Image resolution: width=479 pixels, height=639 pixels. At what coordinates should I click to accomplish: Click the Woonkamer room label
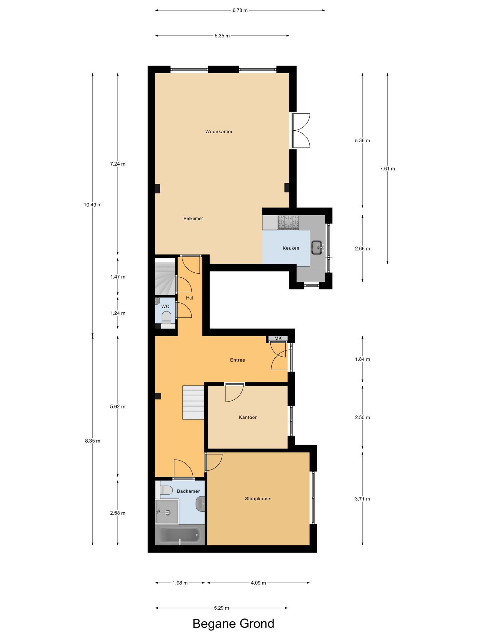[219, 132]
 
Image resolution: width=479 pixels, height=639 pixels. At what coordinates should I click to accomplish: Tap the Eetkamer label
[193, 219]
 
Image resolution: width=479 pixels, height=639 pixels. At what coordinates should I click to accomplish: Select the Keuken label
[291, 248]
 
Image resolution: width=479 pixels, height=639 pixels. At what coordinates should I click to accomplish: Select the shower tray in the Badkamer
[167, 512]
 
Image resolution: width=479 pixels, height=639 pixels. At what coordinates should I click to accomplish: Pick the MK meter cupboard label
[278, 338]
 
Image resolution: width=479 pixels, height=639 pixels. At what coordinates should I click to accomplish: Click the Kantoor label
[248, 417]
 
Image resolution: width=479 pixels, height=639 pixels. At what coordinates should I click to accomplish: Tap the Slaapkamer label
[259, 499]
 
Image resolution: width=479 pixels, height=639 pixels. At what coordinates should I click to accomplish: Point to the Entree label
[238, 360]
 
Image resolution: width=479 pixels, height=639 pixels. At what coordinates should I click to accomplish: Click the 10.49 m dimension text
[93, 205]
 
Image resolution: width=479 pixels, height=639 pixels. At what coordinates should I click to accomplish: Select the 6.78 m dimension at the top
[240, 10]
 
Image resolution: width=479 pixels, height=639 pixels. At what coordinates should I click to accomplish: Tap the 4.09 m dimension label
[258, 583]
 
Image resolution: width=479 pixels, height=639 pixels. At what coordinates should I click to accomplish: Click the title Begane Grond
[234, 623]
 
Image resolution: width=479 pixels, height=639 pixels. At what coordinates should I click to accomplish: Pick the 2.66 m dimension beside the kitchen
[362, 249]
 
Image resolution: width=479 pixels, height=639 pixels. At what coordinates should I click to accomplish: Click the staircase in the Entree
[193, 402]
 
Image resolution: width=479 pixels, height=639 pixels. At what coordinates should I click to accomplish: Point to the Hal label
[190, 298]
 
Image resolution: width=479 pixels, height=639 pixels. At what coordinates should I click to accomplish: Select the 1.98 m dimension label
[180, 583]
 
